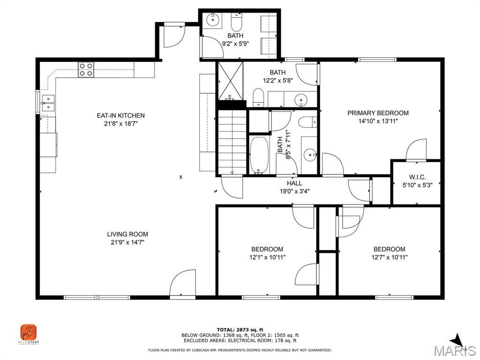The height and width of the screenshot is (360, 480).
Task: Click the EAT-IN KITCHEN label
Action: point(120,115)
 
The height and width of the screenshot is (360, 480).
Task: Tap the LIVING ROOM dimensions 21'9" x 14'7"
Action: point(127,242)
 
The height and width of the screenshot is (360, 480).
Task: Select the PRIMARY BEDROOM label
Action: point(378,113)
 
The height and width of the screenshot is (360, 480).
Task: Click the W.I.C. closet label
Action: point(417,177)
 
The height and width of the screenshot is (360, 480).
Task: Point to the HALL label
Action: point(294,183)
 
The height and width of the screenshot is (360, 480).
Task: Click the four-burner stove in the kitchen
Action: point(86,70)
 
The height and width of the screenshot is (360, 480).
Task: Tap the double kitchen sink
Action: point(48,103)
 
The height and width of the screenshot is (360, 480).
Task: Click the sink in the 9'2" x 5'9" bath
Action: point(214,20)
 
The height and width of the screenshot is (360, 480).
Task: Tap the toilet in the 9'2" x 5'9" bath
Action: point(236,22)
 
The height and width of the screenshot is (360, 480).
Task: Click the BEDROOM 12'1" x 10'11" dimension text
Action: point(267,257)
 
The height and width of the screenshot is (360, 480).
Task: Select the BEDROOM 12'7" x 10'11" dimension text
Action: point(389,257)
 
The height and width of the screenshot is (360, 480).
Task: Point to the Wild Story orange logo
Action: point(28,333)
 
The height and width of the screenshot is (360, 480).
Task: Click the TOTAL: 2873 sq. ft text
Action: point(240,330)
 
